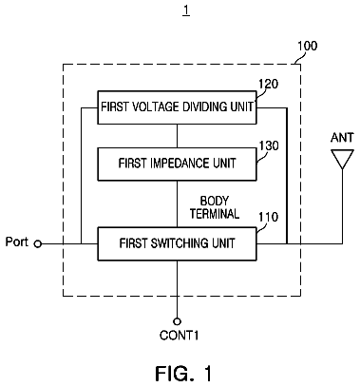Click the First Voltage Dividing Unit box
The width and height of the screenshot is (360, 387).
(x=177, y=107)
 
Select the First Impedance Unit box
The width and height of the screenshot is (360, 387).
(x=177, y=164)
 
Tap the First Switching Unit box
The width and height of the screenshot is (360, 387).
(x=177, y=243)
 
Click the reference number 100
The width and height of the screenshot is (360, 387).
(x=307, y=47)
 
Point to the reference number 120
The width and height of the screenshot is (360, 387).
(x=269, y=84)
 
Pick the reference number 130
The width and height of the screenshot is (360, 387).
(x=269, y=145)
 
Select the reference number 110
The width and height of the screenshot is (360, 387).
(x=269, y=217)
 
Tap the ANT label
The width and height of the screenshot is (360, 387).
(x=342, y=138)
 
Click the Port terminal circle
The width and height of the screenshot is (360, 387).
(x=38, y=243)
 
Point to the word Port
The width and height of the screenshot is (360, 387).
(x=17, y=242)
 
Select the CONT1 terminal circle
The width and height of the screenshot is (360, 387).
(x=177, y=321)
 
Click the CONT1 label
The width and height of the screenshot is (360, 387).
(x=180, y=336)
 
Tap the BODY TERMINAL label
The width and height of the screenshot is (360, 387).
(x=215, y=207)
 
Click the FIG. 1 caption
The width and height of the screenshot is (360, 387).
(x=183, y=374)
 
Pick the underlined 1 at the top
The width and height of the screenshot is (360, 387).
(x=186, y=10)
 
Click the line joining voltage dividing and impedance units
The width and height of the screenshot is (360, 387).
(x=177, y=136)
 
